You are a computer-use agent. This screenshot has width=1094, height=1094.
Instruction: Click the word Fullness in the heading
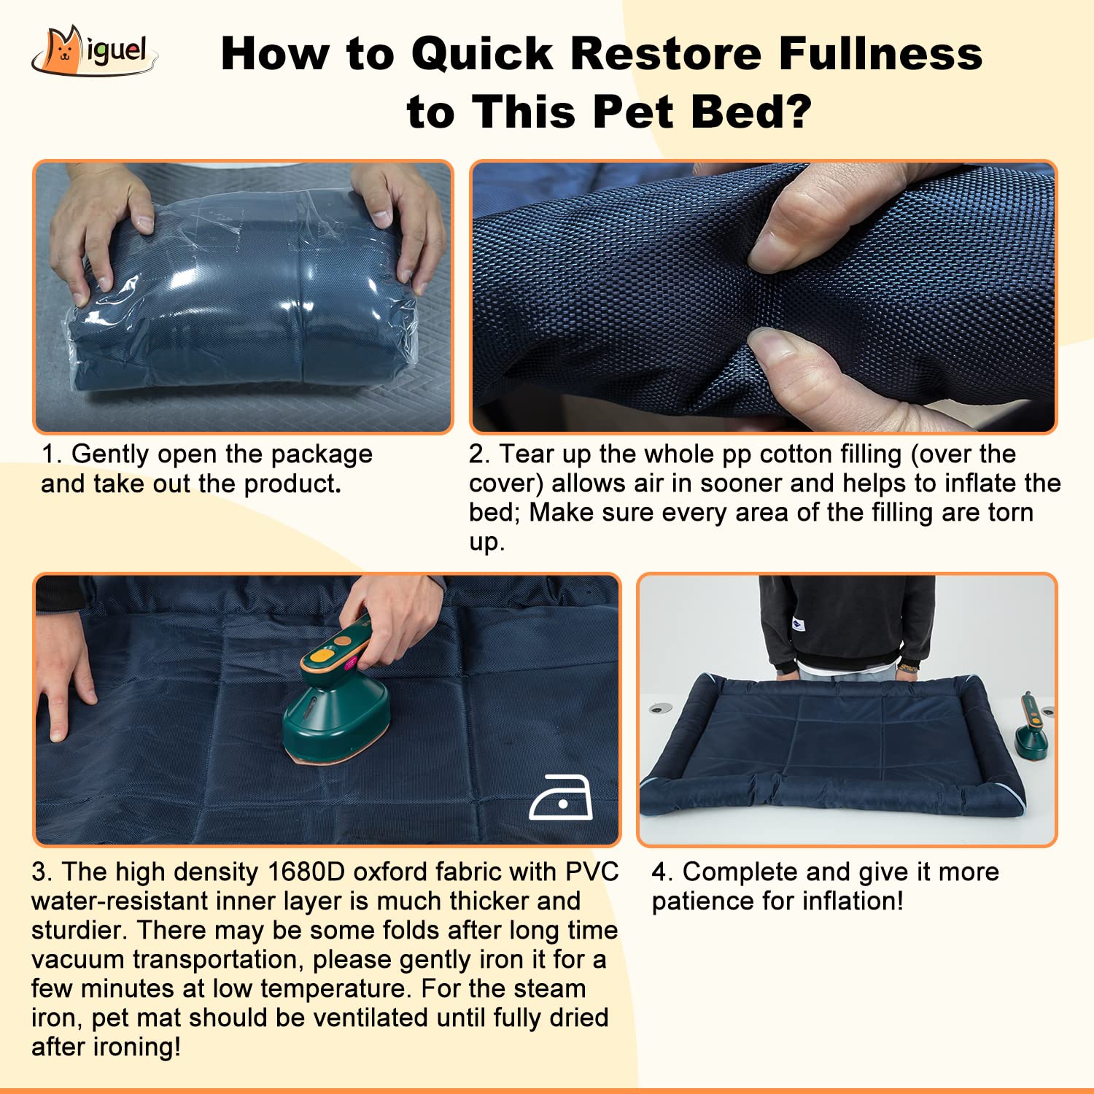pos(880,53)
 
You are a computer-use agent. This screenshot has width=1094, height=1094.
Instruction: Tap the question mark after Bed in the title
pos(798,112)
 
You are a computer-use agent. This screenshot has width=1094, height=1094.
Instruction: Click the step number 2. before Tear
pos(479,454)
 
